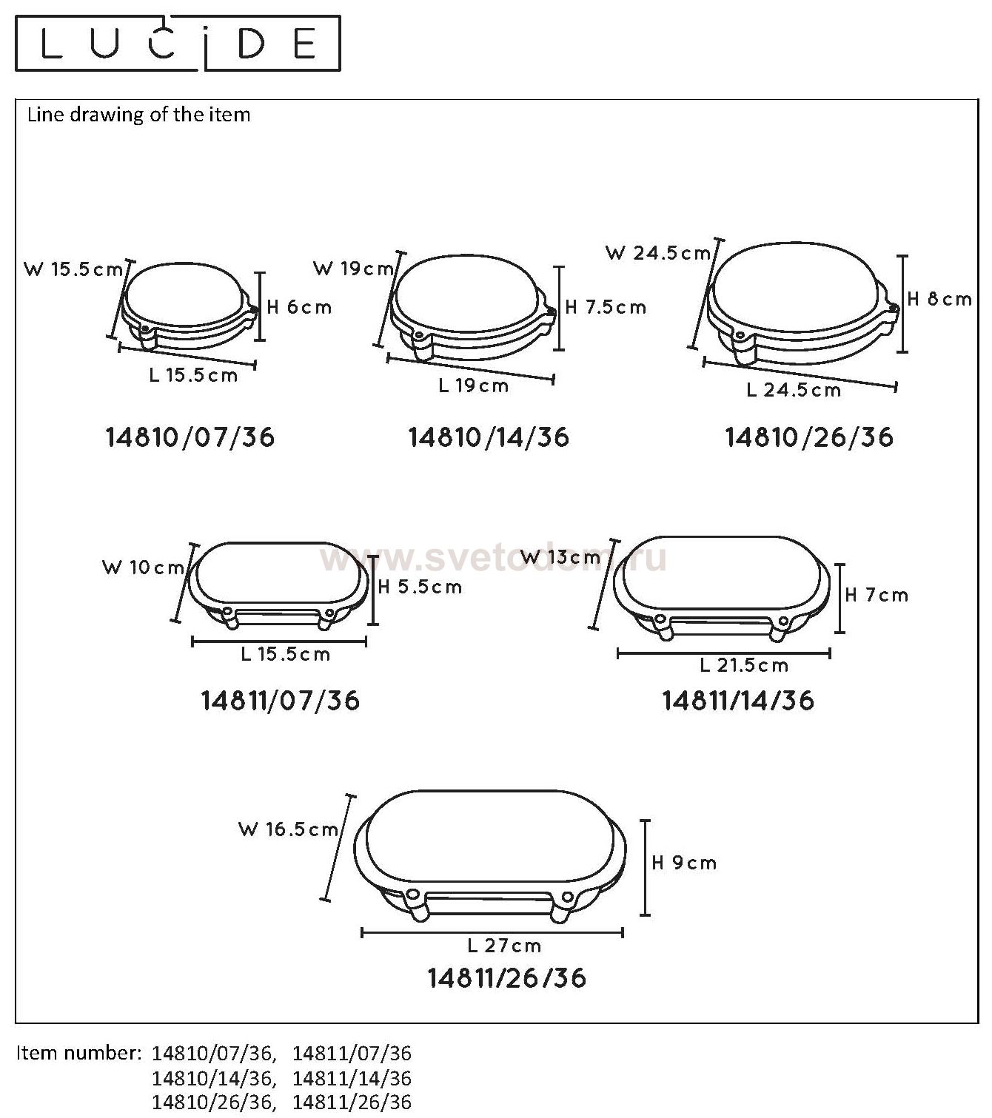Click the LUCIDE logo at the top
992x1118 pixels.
[x=178, y=44]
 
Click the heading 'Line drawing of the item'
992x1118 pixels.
[x=138, y=115]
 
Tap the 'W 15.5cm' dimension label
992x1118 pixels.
[x=73, y=270]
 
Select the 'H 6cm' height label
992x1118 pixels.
[x=299, y=307]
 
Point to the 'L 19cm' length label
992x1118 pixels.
[x=474, y=385]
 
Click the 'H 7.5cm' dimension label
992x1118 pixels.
[x=606, y=307]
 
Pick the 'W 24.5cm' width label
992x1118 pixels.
[x=658, y=253]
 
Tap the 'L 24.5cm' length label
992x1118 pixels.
[x=794, y=390]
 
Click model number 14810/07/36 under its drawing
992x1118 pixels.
[x=190, y=437]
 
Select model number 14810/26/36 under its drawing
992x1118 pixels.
[x=808, y=437]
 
